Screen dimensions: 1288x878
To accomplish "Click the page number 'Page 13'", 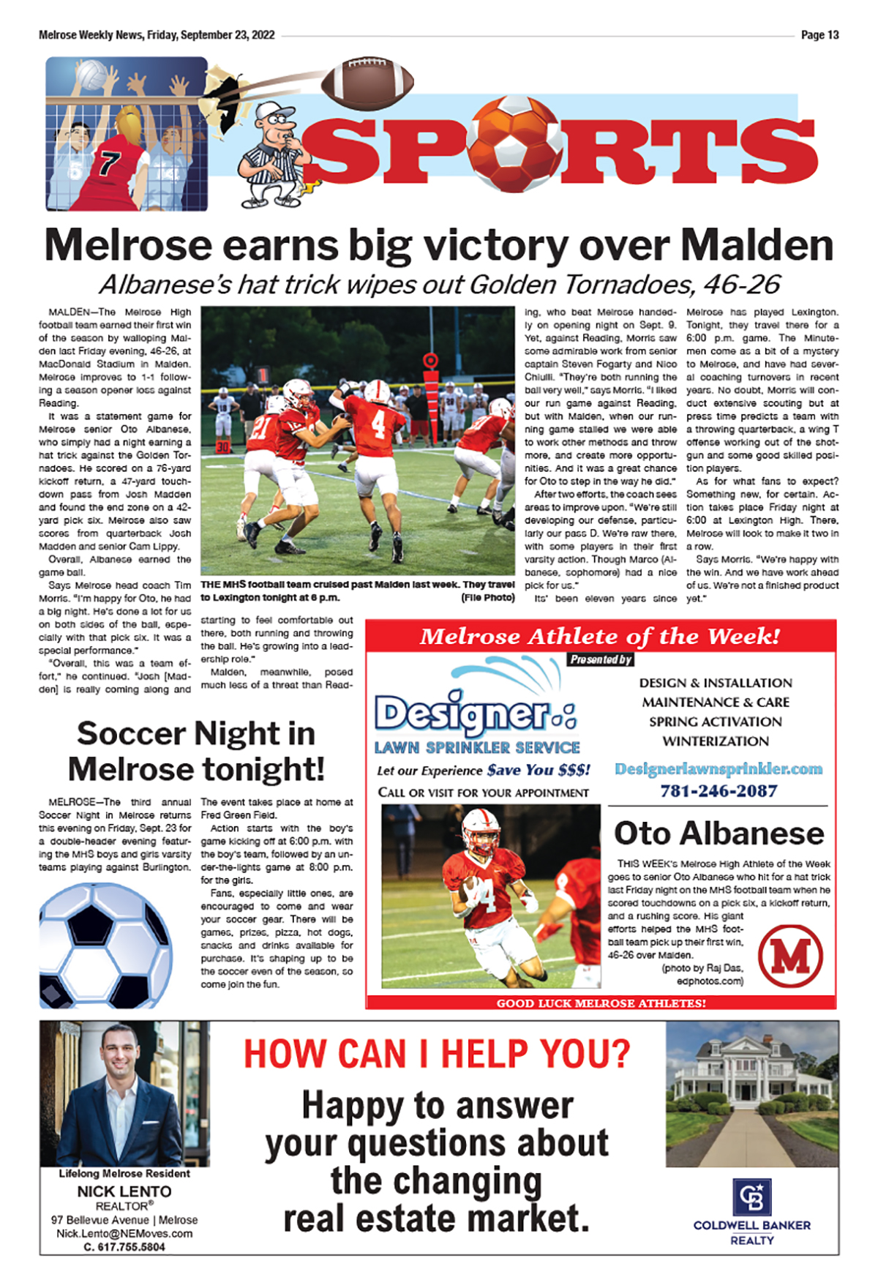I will point(819,35).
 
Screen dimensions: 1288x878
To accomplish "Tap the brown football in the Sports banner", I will point(367,82).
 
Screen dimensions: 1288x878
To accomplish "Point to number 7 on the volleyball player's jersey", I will point(110,162).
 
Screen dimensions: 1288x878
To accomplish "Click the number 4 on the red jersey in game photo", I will point(378,423).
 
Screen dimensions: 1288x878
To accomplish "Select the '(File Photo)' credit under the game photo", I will point(488,598).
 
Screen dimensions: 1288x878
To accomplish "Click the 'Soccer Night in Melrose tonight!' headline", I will point(195,752).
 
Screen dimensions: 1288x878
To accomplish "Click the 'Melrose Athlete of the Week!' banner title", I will point(600,637).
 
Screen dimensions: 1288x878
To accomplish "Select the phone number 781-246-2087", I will point(718,791).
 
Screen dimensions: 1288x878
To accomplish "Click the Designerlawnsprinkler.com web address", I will point(718,769).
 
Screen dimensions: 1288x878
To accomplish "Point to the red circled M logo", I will point(790,956).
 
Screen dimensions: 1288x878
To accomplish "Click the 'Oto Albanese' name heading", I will point(718,834).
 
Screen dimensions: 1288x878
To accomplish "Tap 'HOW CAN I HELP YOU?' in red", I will point(437,1055).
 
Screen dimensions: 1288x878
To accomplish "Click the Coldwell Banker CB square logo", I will point(751,1197).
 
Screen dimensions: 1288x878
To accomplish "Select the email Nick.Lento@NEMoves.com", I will point(124,1234).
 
